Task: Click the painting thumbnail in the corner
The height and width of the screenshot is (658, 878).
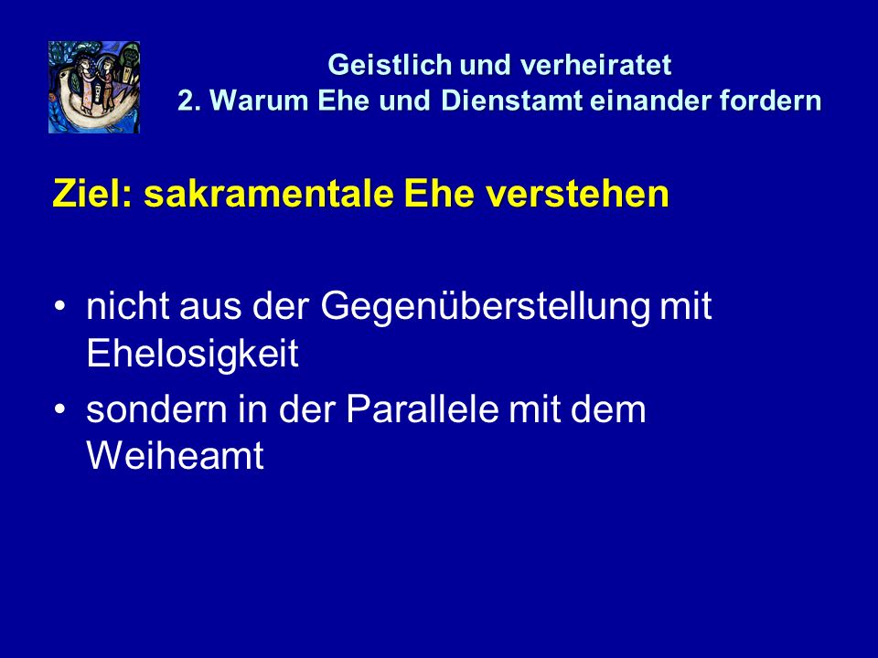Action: pyautogui.click(x=94, y=88)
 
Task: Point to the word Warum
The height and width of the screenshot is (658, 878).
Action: pyautogui.click(x=259, y=101)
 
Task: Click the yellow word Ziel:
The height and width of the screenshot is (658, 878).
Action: pyautogui.click(x=91, y=194)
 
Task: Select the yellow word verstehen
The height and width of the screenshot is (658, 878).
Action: pyautogui.click(x=577, y=195)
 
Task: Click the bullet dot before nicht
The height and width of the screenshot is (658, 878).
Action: pyautogui.click(x=60, y=307)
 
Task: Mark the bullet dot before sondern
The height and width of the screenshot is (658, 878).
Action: pyautogui.click(x=60, y=410)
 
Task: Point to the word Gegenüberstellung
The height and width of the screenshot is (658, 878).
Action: pyautogui.click(x=485, y=308)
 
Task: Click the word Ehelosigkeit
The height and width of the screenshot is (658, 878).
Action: pyautogui.click(x=192, y=354)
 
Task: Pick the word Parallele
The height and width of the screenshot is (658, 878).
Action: pyautogui.click(x=423, y=409)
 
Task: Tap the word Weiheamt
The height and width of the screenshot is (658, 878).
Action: pyautogui.click(x=176, y=455)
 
